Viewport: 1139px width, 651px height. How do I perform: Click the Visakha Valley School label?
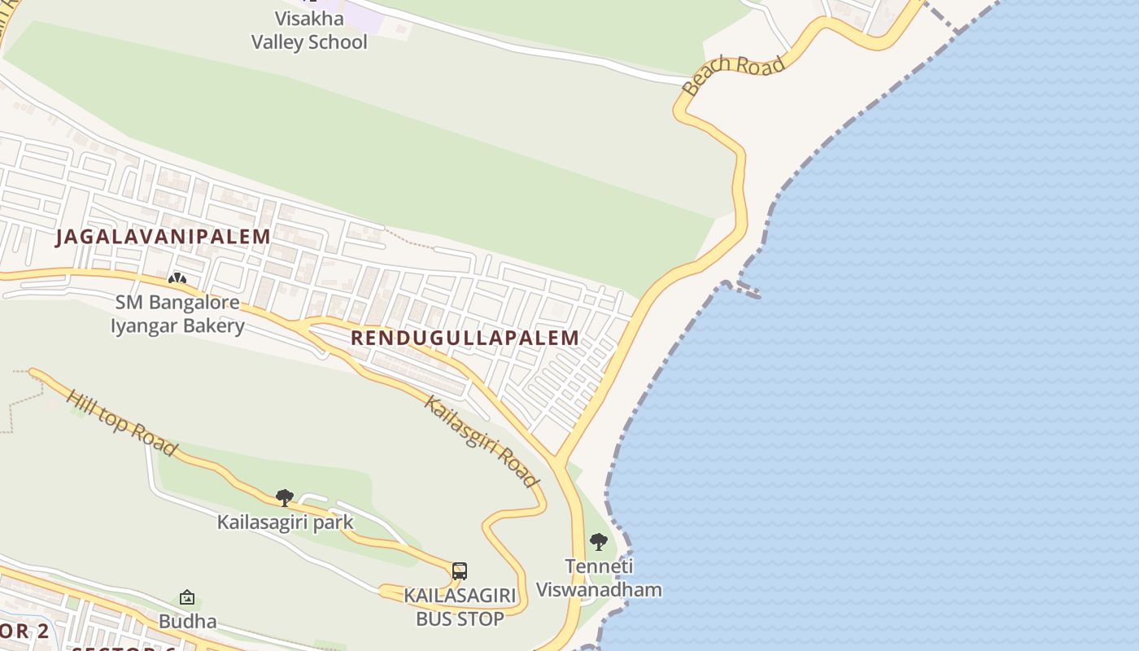[309, 31]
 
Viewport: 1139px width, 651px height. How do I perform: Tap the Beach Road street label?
[735, 74]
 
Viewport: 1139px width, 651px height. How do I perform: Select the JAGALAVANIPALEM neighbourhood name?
[163, 237]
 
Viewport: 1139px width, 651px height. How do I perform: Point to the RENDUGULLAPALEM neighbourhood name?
[465, 338]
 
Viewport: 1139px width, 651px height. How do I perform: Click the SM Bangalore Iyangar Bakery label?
[177, 314]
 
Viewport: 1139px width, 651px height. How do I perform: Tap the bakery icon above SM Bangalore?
[177, 279]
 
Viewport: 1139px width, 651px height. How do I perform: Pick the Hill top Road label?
[121, 422]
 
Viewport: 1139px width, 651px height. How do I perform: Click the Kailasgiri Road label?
[482, 441]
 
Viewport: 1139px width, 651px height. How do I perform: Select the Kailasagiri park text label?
[285, 522]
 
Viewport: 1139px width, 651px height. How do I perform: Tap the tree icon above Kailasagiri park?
[285, 497]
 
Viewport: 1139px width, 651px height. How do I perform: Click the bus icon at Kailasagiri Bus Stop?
[460, 570]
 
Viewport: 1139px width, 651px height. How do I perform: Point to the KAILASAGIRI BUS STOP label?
[460, 607]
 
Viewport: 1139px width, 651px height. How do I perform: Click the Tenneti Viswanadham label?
[599, 579]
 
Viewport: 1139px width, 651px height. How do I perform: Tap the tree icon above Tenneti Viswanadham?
[599, 541]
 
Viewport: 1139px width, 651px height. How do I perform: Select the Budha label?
[187, 622]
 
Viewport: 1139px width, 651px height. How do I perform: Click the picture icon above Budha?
[187, 598]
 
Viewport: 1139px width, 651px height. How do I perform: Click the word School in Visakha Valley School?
[335, 42]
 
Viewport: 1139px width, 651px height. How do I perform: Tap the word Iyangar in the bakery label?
[149, 325]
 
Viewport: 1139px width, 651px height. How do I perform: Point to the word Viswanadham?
[599, 590]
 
